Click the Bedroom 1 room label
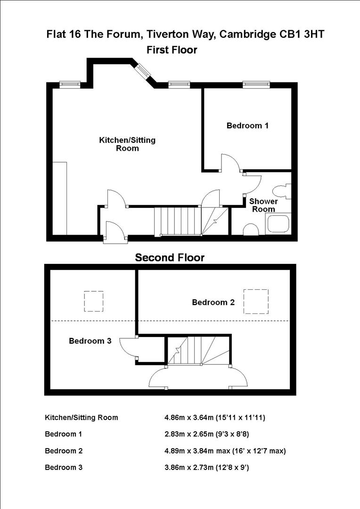(x=247, y=126)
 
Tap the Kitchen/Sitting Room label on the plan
(x=127, y=144)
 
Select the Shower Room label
(x=263, y=205)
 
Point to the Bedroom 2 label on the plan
(x=213, y=303)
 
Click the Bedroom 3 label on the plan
(x=90, y=341)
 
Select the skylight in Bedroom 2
(x=256, y=302)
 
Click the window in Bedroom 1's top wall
(x=256, y=85)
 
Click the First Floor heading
(x=172, y=49)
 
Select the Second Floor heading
(x=170, y=258)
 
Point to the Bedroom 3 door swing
(x=127, y=348)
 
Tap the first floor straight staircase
(x=178, y=221)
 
